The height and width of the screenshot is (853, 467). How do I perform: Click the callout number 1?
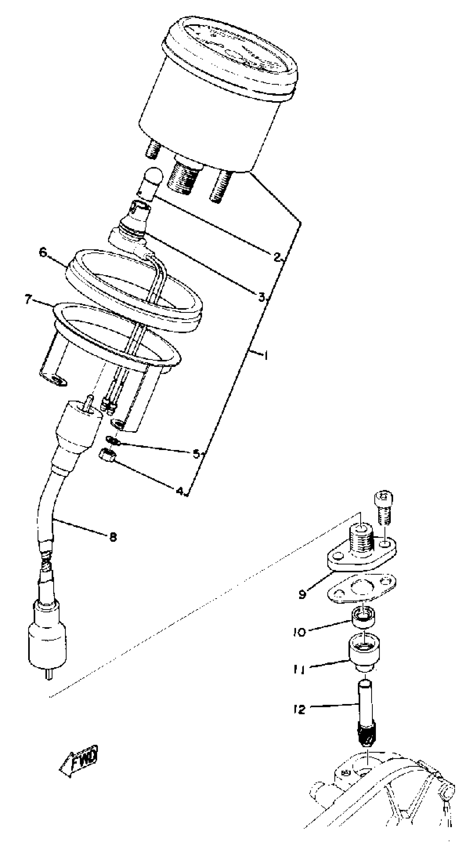click(x=265, y=356)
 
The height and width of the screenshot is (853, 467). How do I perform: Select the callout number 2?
click(x=277, y=257)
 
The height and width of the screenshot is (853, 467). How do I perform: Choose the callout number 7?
click(x=29, y=300)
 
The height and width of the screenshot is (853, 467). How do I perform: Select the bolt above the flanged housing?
click(x=384, y=508)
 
